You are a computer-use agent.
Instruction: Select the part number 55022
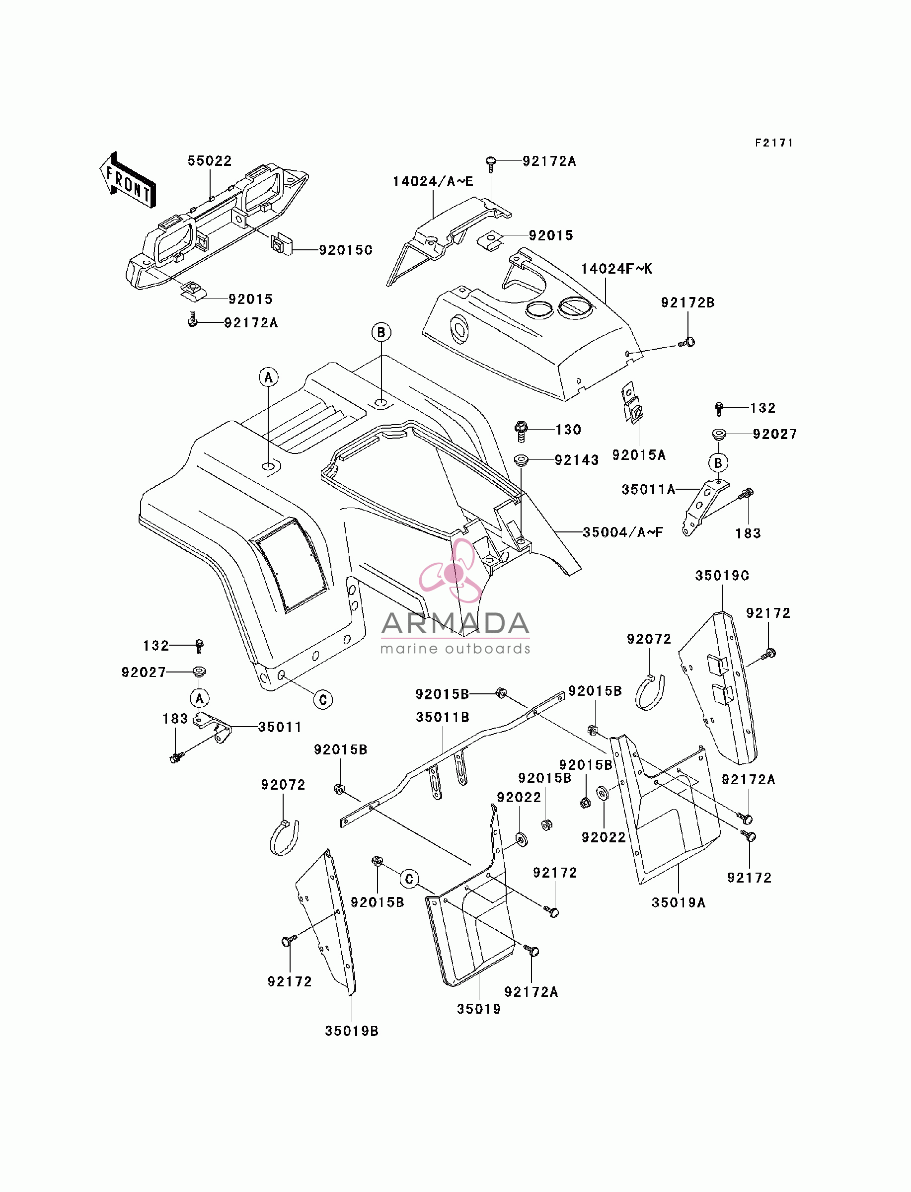[210, 161]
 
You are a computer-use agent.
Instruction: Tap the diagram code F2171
[774, 143]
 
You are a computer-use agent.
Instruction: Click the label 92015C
[345, 250]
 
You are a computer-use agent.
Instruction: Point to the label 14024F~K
[616, 269]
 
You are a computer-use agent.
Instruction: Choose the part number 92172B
[687, 303]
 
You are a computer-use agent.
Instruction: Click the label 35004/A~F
[623, 532]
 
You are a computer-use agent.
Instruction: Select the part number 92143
[576, 460]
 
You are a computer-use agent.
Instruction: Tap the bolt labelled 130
[521, 431]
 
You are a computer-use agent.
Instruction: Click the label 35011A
[649, 490]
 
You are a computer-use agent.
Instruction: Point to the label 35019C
[722, 576]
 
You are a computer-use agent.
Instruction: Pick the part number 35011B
[443, 718]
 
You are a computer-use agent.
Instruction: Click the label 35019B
[351, 1032]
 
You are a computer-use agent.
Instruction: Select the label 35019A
[679, 903]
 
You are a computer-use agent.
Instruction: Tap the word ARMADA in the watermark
[455, 623]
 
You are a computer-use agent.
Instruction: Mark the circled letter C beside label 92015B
[409, 879]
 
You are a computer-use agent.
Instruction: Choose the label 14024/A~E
[433, 182]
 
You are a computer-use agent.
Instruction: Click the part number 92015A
[639, 455]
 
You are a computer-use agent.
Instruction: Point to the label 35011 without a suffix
[280, 728]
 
